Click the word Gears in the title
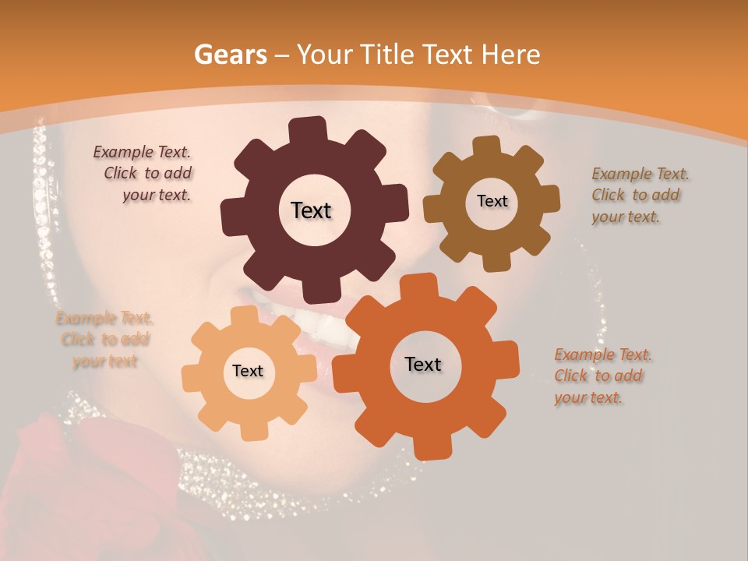(x=230, y=55)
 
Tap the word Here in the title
(x=511, y=55)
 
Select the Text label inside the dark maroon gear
(x=311, y=210)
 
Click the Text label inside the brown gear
(x=492, y=201)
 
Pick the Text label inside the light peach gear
(x=248, y=371)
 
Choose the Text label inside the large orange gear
(x=423, y=364)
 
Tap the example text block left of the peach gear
(x=104, y=339)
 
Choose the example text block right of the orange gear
(x=603, y=376)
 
